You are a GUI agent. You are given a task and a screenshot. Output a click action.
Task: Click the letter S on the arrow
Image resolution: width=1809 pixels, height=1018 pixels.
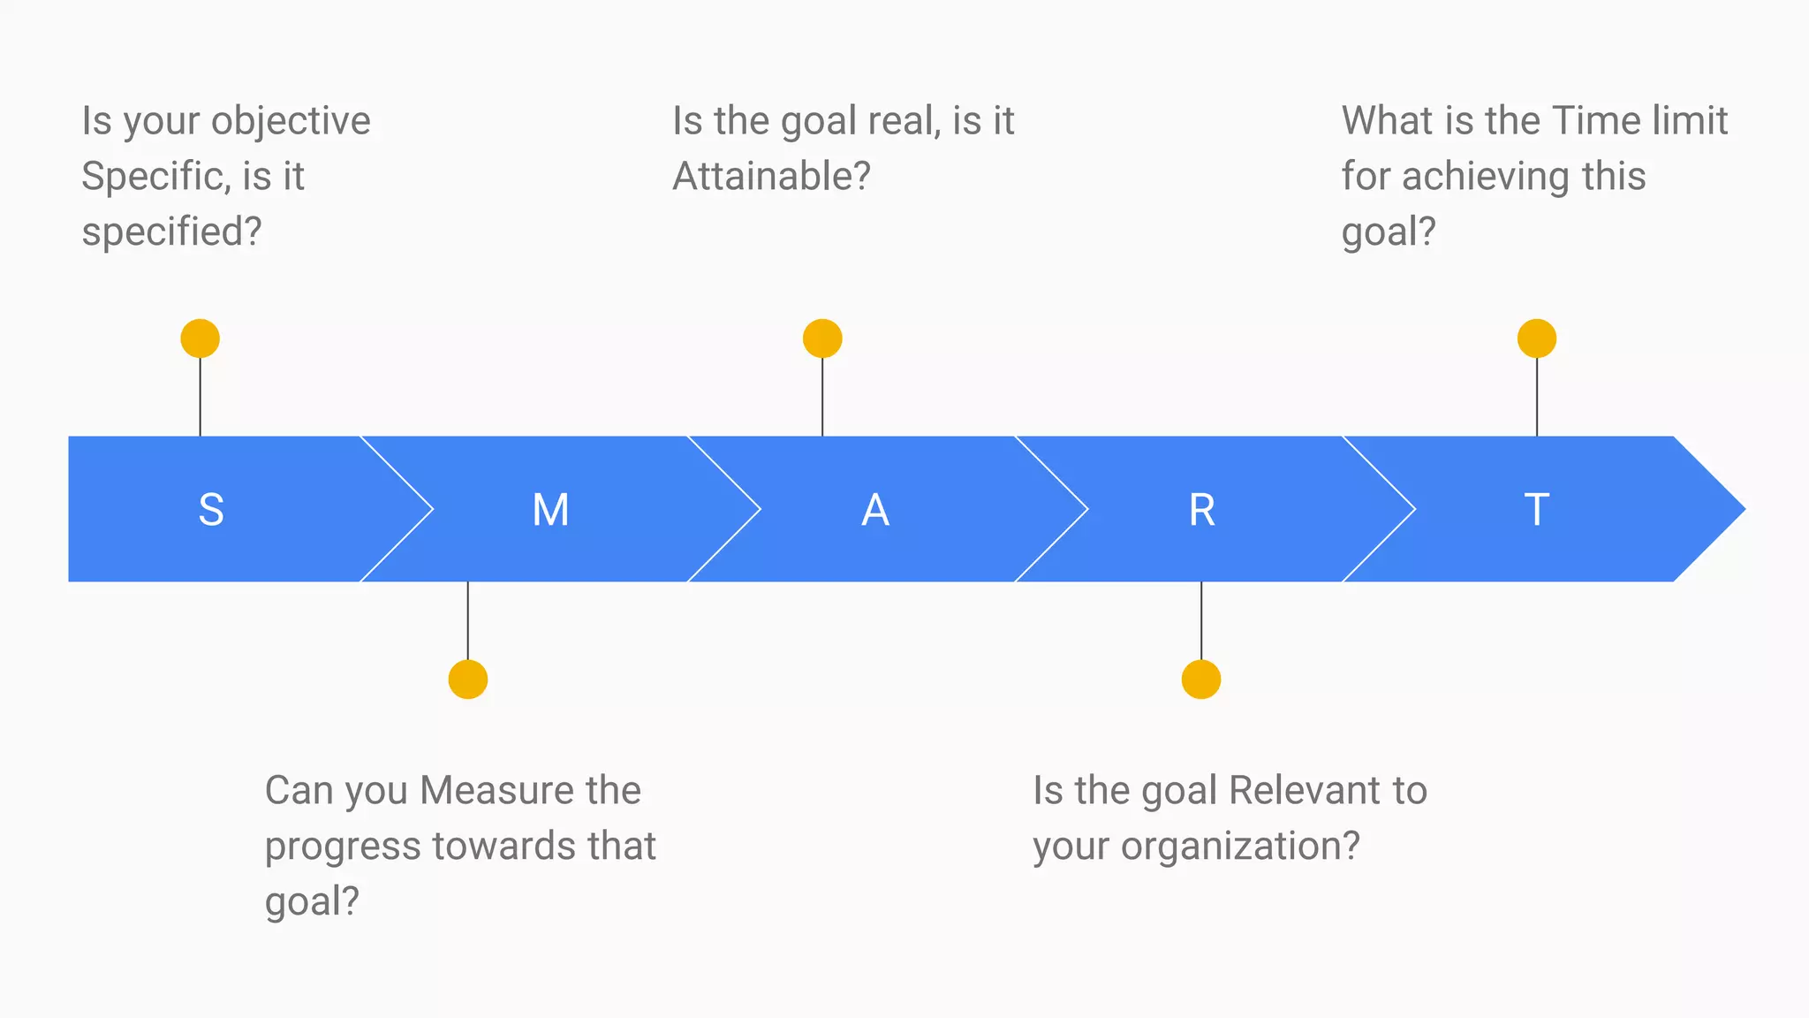(x=211, y=510)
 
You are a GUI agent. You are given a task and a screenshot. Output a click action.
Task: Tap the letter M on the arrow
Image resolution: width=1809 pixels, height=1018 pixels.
(x=550, y=510)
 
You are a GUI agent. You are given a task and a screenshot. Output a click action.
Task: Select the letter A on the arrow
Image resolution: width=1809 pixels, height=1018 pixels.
(x=874, y=510)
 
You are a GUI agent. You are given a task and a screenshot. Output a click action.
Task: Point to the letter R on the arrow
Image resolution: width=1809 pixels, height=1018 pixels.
(x=1201, y=510)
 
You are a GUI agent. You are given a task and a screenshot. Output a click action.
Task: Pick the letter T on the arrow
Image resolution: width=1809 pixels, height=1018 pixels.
(x=1536, y=510)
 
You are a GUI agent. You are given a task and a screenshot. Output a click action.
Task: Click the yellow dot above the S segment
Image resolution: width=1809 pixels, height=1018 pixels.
(x=201, y=338)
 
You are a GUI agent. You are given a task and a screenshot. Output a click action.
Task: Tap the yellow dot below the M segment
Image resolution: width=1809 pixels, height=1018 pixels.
(x=468, y=680)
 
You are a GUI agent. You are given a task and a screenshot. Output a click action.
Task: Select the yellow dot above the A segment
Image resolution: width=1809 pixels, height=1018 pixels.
(x=822, y=338)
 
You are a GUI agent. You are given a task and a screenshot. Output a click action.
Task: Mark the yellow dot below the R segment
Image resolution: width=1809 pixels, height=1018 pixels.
(x=1201, y=680)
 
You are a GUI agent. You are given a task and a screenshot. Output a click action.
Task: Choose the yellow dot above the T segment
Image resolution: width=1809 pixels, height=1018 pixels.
(x=1537, y=338)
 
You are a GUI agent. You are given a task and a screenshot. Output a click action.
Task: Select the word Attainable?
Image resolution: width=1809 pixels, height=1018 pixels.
(x=771, y=176)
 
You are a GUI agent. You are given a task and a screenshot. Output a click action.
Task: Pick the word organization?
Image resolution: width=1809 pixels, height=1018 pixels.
(x=1240, y=847)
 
